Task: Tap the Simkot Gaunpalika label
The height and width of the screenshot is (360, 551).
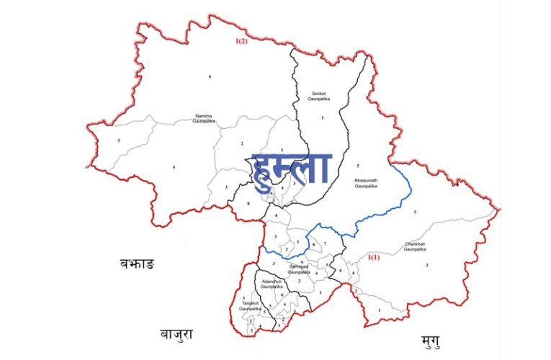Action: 318,96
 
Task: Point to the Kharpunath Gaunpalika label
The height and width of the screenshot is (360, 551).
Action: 366,183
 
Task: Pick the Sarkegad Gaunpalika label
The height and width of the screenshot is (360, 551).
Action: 299,269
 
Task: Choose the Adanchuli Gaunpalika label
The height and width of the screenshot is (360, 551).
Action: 273,283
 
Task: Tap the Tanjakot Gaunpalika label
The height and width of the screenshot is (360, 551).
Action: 250,306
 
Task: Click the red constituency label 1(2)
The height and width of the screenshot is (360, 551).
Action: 241,42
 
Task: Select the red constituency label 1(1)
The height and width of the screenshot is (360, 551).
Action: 374,257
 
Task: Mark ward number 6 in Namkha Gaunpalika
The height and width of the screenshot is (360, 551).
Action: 210,76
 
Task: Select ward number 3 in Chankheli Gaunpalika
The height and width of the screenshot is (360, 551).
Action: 427,265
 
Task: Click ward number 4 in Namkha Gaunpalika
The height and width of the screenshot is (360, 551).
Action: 174,167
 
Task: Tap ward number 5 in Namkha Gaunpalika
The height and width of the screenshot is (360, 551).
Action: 118,140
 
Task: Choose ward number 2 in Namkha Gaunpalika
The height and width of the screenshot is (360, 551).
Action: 243,144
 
